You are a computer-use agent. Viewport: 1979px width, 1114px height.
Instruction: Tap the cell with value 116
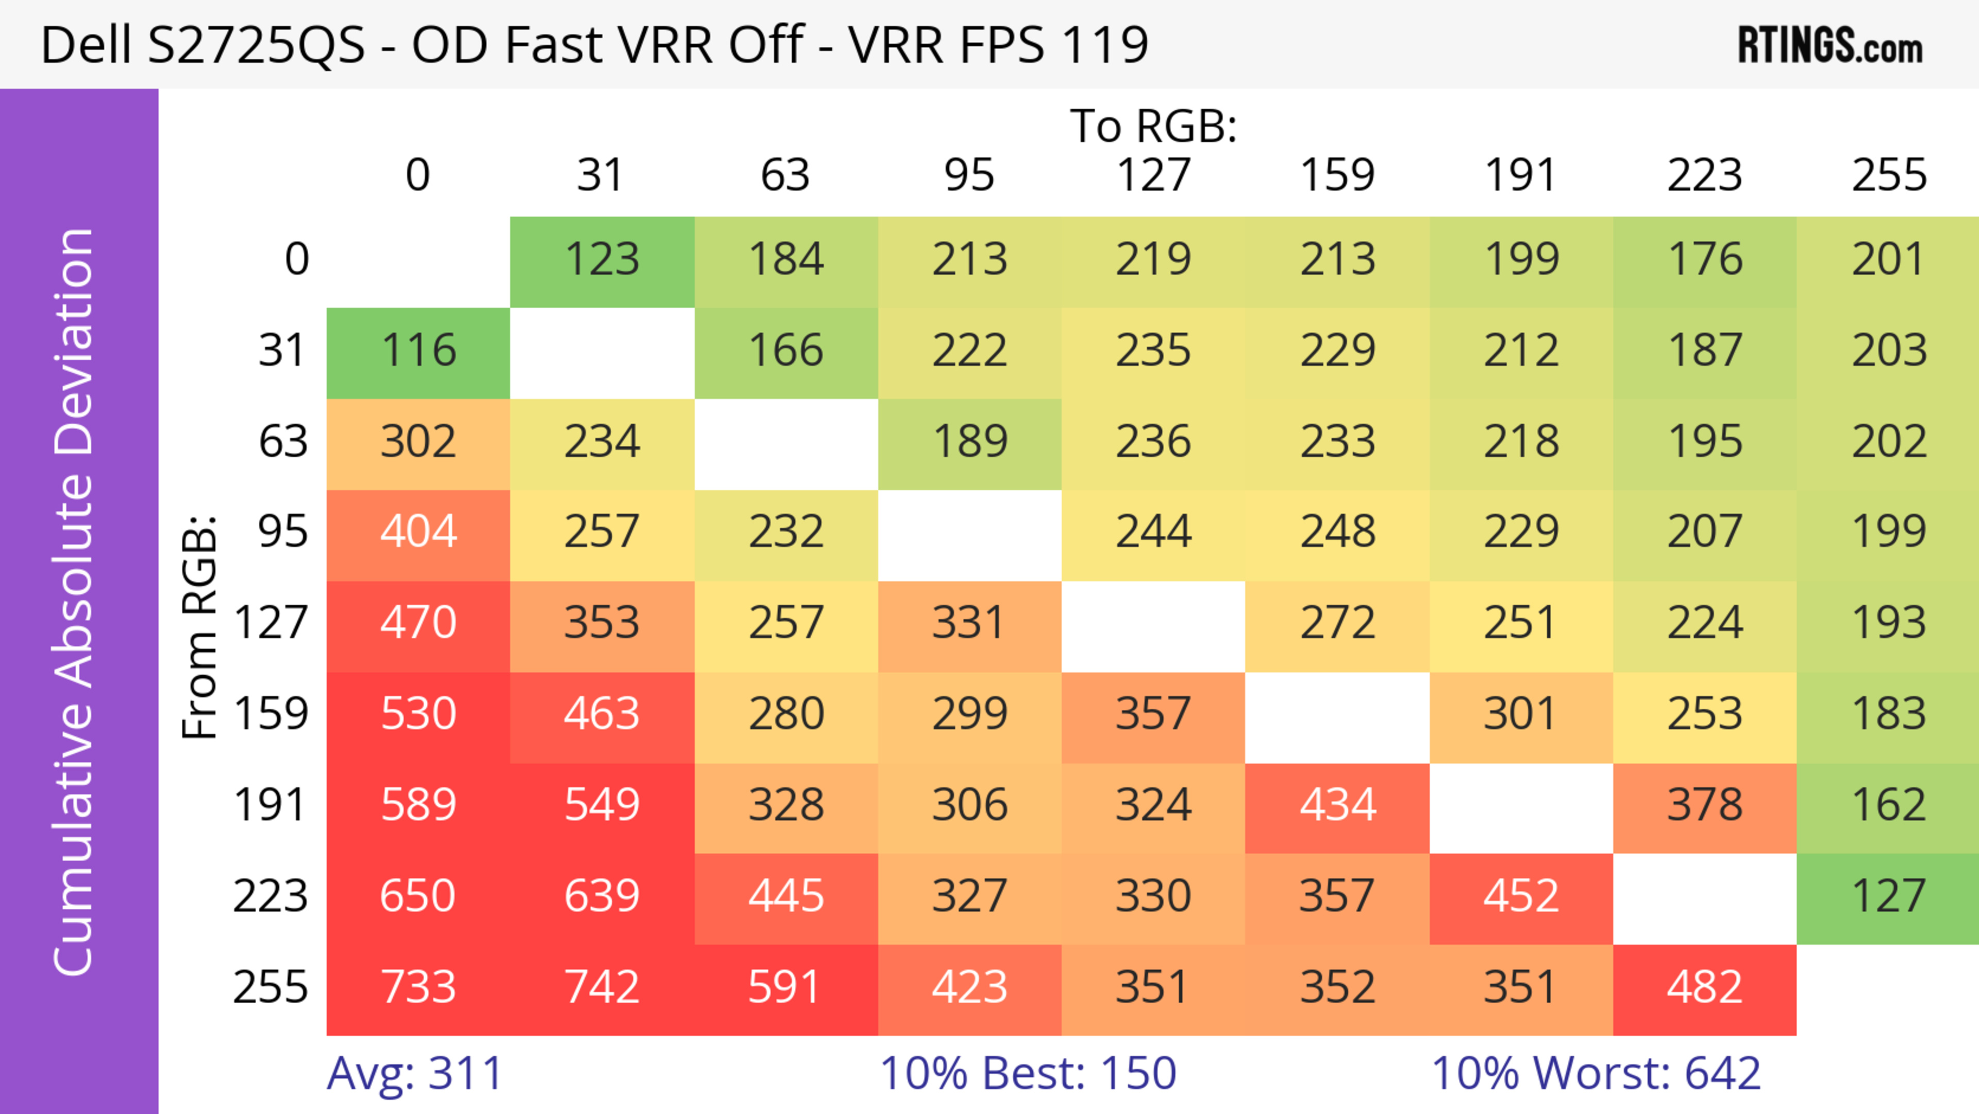coord(418,351)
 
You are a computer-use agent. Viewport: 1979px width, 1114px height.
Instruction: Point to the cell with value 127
coord(1888,896)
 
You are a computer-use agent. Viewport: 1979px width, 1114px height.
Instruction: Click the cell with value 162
coord(1888,805)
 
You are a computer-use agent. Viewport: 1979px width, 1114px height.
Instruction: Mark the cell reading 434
coord(1337,805)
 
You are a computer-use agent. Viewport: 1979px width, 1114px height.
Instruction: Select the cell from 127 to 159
coord(1337,623)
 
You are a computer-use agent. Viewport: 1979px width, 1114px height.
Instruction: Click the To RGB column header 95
coord(969,175)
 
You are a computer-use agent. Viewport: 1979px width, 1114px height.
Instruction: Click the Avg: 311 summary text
coord(415,1073)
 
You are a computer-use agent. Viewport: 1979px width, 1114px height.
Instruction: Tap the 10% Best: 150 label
coord(1028,1073)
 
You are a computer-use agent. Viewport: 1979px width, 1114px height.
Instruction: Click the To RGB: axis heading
coord(1153,125)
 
